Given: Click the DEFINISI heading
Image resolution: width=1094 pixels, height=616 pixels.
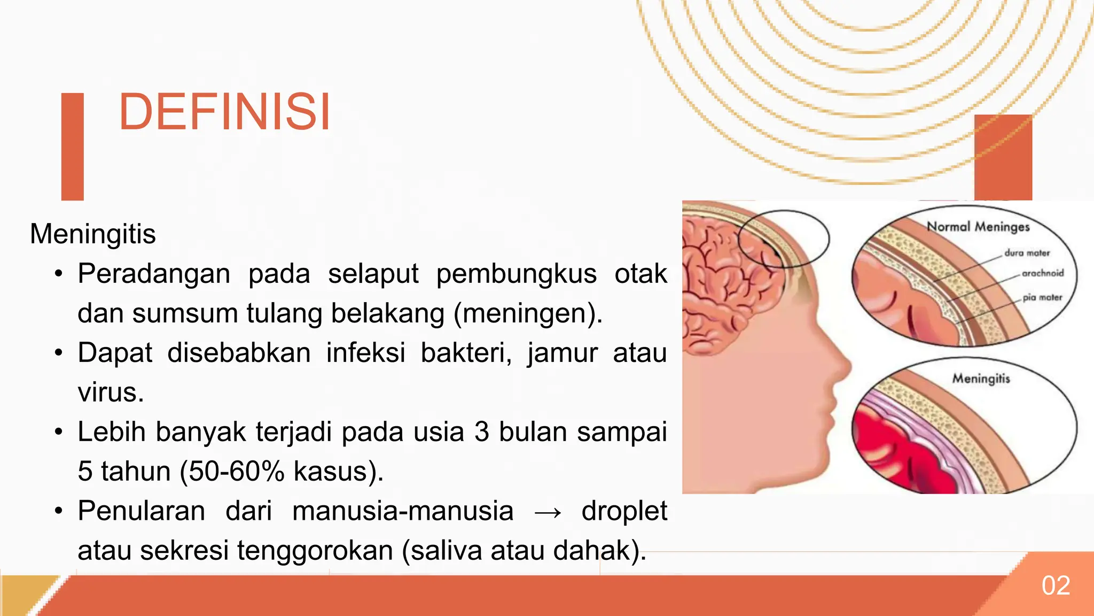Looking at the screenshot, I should (224, 112).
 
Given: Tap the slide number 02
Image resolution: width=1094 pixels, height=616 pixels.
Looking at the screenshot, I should (1056, 586).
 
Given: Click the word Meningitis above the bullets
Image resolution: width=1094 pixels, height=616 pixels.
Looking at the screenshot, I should (93, 234).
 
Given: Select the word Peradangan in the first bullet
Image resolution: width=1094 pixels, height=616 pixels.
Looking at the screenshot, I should (154, 274).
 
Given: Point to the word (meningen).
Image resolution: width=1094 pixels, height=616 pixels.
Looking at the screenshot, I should (528, 313).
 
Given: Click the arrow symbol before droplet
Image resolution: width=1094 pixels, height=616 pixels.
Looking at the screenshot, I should (548, 512).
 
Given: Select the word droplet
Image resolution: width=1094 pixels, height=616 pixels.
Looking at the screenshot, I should (624, 511).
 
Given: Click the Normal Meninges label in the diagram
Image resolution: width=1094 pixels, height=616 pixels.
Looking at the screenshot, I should (978, 227).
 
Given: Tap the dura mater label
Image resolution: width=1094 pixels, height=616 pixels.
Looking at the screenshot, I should (1027, 253).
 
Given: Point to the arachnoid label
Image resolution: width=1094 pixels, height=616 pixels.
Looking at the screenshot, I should (1042, 273).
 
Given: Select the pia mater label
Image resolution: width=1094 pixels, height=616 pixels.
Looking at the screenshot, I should (1042, 297).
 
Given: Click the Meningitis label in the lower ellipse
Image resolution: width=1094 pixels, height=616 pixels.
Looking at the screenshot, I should (981, 379).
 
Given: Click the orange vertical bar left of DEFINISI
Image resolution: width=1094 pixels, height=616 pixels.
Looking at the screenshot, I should (73, 147).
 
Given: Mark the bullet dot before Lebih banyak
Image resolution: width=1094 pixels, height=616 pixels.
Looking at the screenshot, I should (59, 432).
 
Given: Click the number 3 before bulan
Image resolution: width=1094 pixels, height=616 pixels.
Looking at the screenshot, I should (481, 432).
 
